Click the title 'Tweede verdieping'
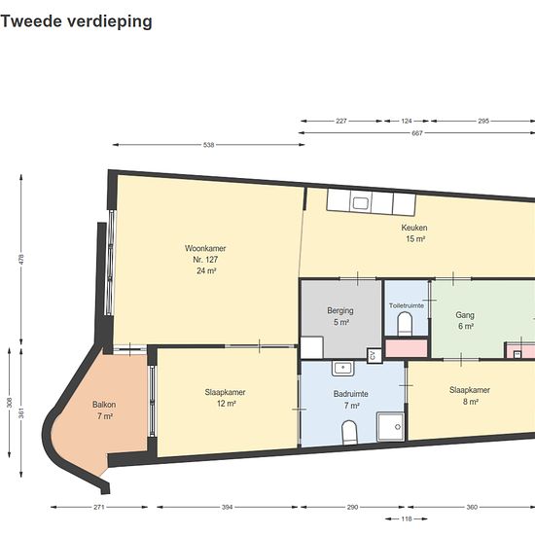coord(77,21)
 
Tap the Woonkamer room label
coord(205,260)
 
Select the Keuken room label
coord(414,233)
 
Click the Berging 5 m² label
coord(340,316)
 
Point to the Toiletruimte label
coord(407,305)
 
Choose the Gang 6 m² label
coord(465,320)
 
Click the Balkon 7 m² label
coord(104,410)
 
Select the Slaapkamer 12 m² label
coord(226,398)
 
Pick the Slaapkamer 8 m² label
coord(470,396)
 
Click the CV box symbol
coord(373,355)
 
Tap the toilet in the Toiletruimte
coord(405,324)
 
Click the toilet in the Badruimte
coord(349,432)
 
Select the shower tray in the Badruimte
coord(391,426)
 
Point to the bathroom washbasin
coord(343,369)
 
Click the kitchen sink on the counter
coord(360,203)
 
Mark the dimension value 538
coord(208,145)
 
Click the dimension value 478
coord(21,259)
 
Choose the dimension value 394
coord(227,507)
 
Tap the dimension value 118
coord(406,519)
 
